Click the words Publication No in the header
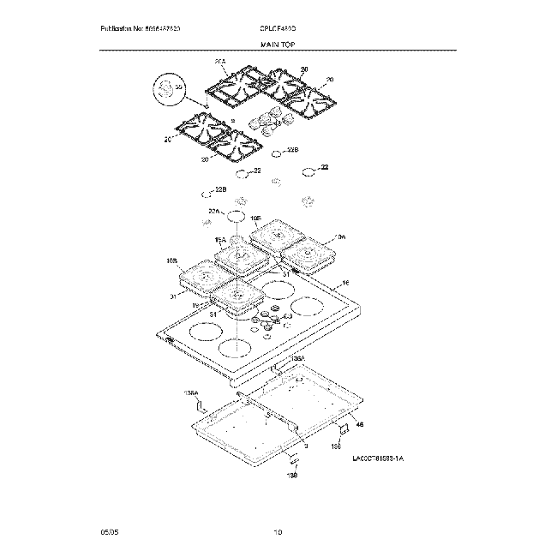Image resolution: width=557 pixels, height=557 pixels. coord(120,29)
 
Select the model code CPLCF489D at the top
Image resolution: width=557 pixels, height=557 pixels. coord(278,29)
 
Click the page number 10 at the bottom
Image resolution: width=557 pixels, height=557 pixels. coord(278,532)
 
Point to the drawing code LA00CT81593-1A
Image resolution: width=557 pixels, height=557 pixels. coord(377,459)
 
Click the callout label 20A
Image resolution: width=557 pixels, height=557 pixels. coord(219,62)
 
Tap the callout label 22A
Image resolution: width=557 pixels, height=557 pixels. coord(214,210)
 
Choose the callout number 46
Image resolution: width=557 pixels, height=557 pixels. coord(360,424)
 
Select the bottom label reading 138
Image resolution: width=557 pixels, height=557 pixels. coord(291,475)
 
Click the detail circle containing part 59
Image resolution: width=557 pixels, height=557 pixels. coord(168,89)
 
